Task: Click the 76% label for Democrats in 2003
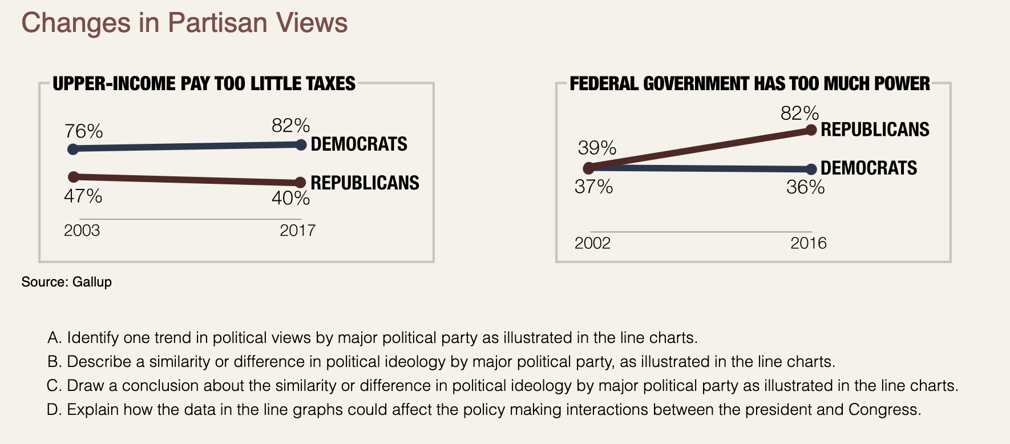pos(83,131)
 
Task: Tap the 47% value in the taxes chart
pos(83,196)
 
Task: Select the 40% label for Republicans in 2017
pos(291,198)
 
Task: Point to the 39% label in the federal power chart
pos(597,148)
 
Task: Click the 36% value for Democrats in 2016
pos(805,187)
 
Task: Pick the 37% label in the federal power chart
pos(593,187)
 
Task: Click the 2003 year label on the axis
pos(82,231)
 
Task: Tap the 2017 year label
pos(297,231)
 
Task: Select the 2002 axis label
pos(592,244)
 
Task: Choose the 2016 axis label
pos(808,244)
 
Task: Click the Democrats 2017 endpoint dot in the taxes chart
pos(301,145)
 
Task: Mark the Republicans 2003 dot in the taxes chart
pos(72,176)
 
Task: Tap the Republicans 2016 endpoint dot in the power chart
pos(811,130)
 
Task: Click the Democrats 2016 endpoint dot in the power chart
pos(811,169)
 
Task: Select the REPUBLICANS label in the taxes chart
pos(365,183)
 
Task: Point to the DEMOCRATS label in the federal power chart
pos(868,168)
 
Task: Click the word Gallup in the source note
pos(92,282)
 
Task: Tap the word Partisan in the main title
pos(218,23)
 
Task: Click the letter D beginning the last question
pos(53,410)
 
